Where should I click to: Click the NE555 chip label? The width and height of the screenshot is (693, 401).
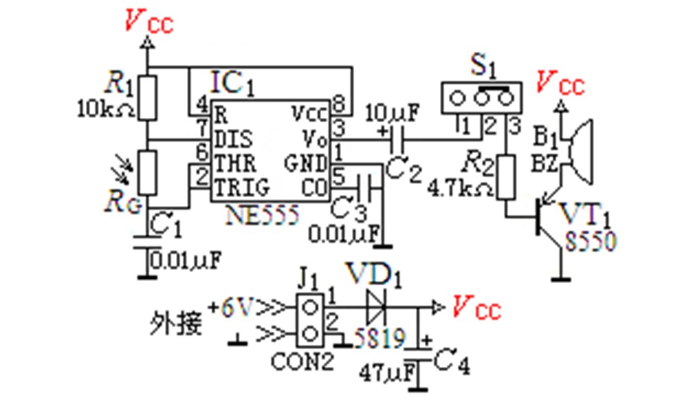click(262, 216)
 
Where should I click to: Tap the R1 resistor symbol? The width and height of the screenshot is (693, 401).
click(148, 98)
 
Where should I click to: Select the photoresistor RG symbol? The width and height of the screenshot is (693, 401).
click(148, 173)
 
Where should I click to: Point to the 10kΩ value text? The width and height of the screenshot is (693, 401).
click(105, 108)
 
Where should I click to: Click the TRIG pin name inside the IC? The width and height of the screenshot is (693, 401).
click(241, 187)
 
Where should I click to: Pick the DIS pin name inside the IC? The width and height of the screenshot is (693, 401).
click(234, 139)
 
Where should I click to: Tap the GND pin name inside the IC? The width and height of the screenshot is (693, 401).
click(306, 163)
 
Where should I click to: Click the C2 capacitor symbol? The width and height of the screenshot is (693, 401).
click(398, 140)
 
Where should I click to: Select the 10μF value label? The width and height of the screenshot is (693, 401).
click(392, 114)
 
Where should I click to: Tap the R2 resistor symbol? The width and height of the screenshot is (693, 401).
click(506, 177)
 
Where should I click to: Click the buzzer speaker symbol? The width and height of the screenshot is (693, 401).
click(579, 151)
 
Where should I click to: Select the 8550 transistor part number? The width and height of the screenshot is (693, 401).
click(590, 242)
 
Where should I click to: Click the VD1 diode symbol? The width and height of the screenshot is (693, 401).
click(376, 307)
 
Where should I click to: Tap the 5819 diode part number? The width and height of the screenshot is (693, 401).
click(379, 339)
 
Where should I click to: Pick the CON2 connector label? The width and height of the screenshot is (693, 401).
click(302, 362)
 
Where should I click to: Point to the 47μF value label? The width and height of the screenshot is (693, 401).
click(387, 373)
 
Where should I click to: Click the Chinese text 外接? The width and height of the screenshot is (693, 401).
click(176, 323)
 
